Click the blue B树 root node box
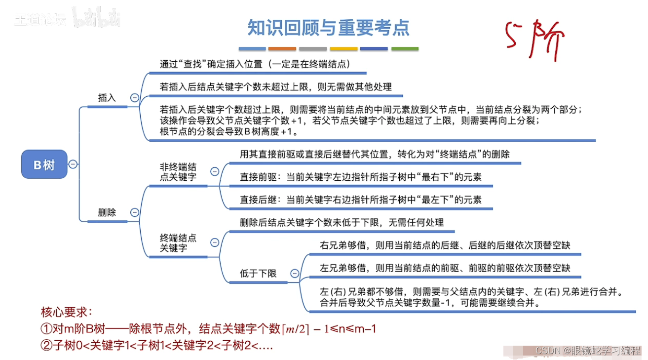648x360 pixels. click(x=44, y=164)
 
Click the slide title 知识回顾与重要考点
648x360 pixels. click(x=328, y=28)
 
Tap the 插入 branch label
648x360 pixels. click(x=107, y=98)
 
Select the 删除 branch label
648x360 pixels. click(x=107, y=213)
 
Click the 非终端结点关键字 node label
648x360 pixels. click(x=178, y=172)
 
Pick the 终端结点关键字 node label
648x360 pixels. click(x=178, y=243)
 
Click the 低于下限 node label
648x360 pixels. click(x=258, y=273)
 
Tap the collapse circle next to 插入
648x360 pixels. click(x=134, y=98)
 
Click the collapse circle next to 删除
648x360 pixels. click(x=134, y=212)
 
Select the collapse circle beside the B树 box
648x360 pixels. click(x=73, y=164)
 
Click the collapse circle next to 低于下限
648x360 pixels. click(x=295, y=273)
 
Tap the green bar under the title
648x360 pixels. click(x=405, y=49)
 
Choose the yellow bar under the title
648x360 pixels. click(x=343, y=49)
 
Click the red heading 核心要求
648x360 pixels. click(x=67, y=312)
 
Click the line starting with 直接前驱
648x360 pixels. click(x=360, y=177)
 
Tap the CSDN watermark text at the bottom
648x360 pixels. click(x=588, y=350)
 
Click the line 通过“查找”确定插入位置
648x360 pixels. click(x=255, y=64)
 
